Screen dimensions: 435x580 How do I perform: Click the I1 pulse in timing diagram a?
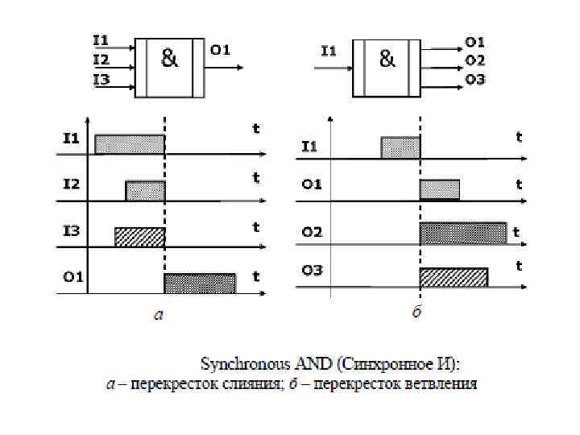[x=129, y=144]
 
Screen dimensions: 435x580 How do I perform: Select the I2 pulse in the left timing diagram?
[x=145, y=191]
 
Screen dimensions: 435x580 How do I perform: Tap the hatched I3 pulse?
[x=139, y=237]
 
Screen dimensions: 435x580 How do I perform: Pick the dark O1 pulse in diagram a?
[x=200, y=284]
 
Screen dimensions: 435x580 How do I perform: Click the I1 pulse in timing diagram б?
[x=400, y=147]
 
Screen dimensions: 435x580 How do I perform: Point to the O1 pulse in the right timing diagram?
[x=439, y=190]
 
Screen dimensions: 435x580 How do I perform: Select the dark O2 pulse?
[x=462, y=233]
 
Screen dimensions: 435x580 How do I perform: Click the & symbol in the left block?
[x=170, y=59]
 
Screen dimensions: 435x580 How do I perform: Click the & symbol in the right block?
[x=387, y=59]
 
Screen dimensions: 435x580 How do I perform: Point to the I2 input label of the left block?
[x=101, y=59]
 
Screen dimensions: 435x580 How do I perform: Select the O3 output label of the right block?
[x=474, y=81]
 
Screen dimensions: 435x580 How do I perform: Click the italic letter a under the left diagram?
[x=159, y=315]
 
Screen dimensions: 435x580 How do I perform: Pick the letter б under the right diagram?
[x=417, y=312]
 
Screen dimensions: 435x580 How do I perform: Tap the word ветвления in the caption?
[x=444, y=383]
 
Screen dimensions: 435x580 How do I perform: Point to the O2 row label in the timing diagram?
[x=312, y=233]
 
